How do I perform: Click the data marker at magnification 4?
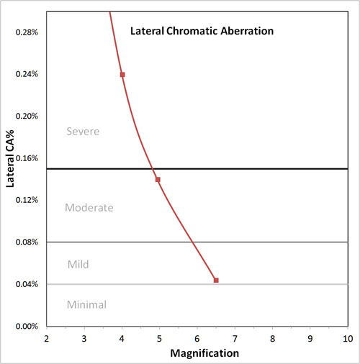122,74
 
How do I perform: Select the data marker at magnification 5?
158,179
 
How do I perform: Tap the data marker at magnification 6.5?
216,280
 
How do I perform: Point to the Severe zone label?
83,132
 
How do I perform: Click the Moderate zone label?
89,208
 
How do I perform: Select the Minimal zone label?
86,305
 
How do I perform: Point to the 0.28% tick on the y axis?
27,32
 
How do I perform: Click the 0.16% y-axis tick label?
27,158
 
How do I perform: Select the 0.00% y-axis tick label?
27,327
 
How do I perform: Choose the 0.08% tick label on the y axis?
27,242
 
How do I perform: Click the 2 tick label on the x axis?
47,338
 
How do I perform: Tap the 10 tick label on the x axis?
348,338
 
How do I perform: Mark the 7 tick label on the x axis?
235,338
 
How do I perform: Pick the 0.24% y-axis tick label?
27,74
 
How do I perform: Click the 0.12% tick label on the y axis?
27,200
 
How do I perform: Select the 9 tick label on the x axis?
310,338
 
